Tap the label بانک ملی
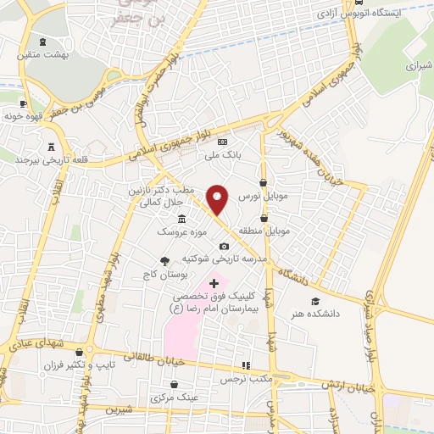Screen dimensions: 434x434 [221, 156]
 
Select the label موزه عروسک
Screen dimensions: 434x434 [177, 231]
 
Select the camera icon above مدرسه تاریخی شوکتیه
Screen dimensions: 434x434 [224, 246]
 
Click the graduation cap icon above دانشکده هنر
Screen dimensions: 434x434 [315, 301]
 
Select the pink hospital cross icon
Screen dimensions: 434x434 [214, 282]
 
